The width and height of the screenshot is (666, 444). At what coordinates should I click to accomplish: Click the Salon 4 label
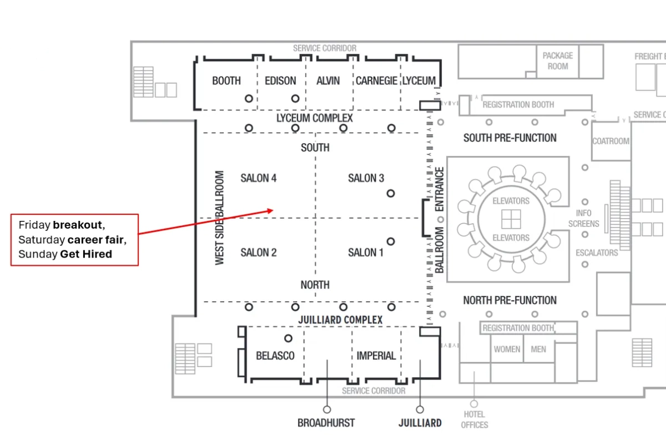tap(259, 178)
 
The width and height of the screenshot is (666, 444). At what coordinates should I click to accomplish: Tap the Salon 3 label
tap(366, 178)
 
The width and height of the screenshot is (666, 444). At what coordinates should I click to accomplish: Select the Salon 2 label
tap(259, 253)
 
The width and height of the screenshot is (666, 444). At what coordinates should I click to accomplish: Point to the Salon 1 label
tap(366, 253)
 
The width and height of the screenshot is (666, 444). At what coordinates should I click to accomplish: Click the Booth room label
tap(226, 80)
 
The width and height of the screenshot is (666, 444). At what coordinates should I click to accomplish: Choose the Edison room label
tap(280, 80)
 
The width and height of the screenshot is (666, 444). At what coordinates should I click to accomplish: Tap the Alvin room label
tap(328, 80)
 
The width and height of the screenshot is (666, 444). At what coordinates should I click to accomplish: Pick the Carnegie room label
tap(376, 80)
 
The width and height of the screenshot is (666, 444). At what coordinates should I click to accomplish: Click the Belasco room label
tap(275, 356)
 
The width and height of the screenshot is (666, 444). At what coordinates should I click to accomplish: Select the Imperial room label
tap(376, 356)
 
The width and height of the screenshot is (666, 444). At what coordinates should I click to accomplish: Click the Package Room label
tap(558, 61)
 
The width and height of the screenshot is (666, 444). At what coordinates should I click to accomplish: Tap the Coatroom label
tap(610, 141)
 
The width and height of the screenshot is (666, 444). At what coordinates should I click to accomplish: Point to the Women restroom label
tap(507, 349)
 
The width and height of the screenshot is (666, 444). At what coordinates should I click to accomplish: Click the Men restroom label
tap(538, 349)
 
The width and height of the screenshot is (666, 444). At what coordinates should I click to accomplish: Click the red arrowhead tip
tap(273, 210)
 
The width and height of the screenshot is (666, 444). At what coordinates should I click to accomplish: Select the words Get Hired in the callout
tap(86, 254)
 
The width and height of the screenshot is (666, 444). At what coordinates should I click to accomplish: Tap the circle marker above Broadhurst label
tap(327, 410)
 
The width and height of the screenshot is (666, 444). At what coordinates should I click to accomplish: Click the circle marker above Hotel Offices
tap(474, 404)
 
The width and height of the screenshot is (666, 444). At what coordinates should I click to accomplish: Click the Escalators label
tap(597, 253)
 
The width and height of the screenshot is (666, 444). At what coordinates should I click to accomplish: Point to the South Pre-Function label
tap(510, 138)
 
